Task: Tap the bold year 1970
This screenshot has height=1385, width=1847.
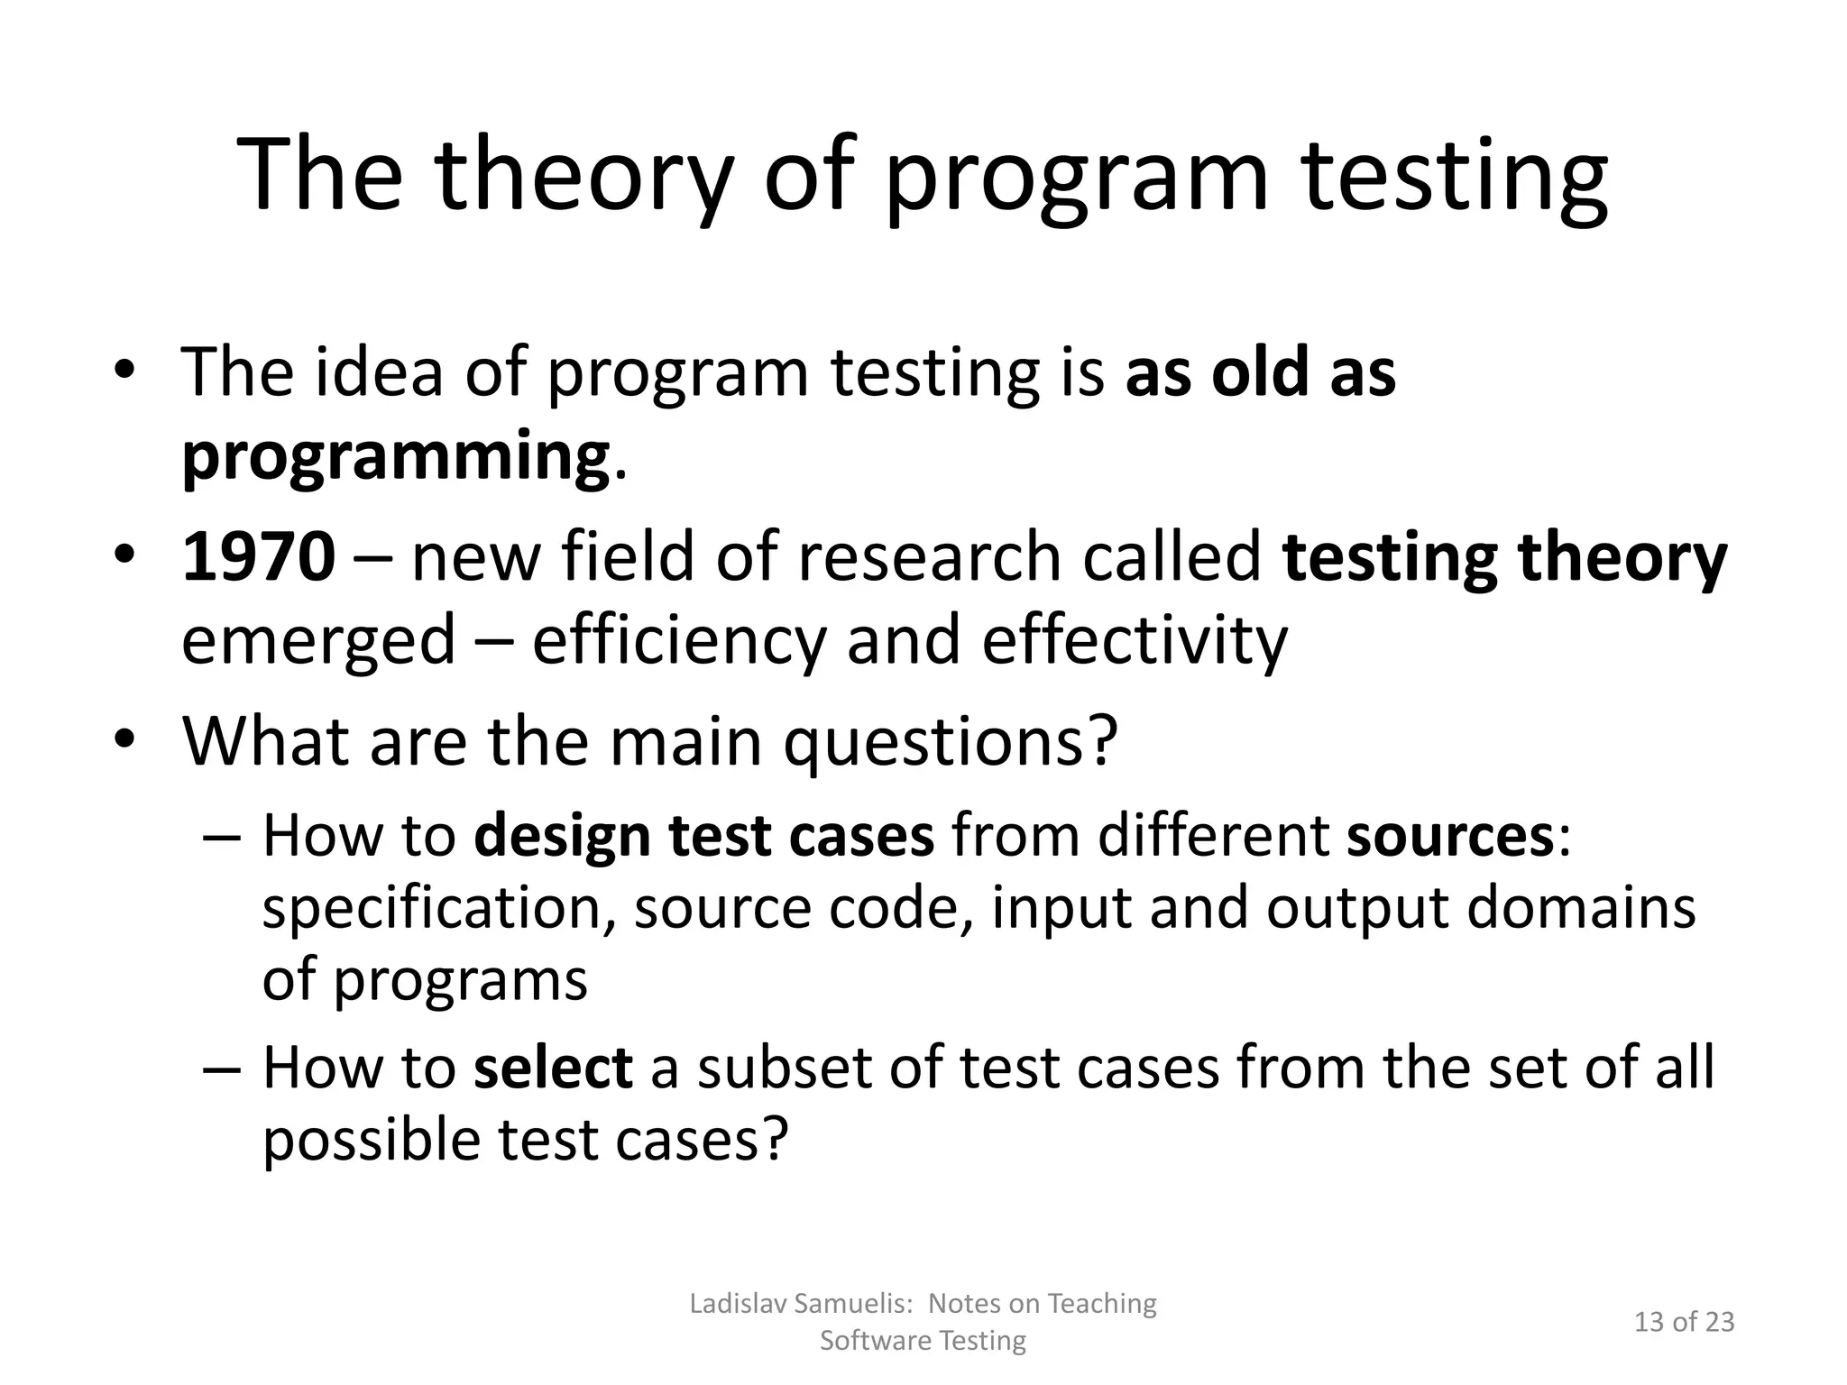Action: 259,557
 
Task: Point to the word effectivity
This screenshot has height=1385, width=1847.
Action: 1135,640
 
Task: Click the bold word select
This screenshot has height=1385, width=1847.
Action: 552,1068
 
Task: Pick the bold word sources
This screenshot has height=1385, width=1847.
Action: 1449,836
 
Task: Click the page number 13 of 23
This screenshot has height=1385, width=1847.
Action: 1684,1322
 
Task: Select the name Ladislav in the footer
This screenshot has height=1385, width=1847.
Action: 739,1303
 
